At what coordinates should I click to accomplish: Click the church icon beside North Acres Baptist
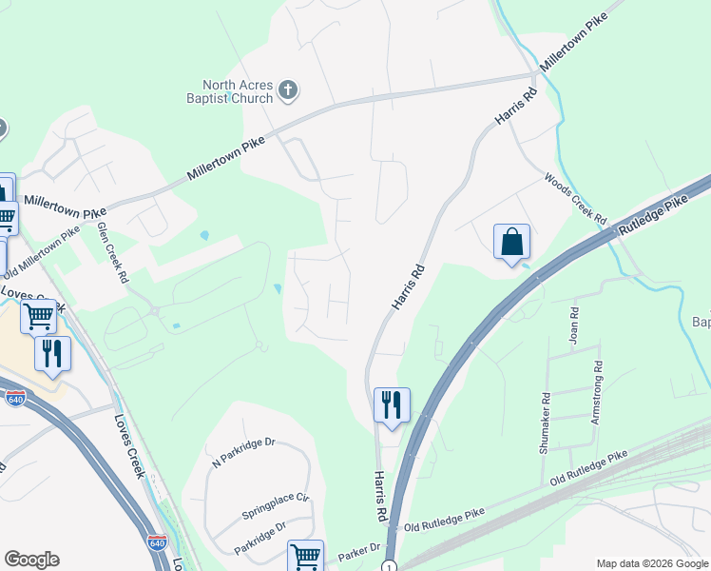click(x=288, y=92)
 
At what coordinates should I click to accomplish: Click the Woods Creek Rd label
click(x=575, y=198)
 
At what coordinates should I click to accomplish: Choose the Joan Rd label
click(x=574, y=325)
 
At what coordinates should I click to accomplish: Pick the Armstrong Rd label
click(x=597, y=392)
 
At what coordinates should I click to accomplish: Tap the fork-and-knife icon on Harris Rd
click(x=392, y=404)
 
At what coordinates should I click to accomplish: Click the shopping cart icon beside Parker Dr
click(x=305, y=556)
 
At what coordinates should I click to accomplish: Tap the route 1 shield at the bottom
click(x=392, y=566)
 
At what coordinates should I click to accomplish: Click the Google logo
click(x=31, y=560)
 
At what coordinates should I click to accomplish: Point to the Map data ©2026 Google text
click(x=652, y=562)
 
